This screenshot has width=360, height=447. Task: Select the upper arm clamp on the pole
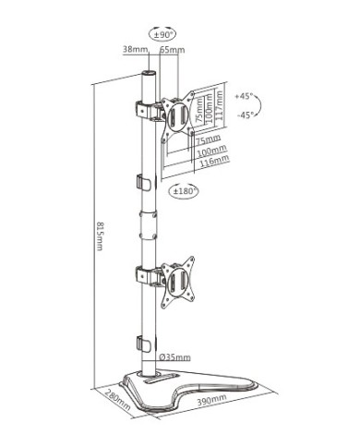click(x=145, y=110)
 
